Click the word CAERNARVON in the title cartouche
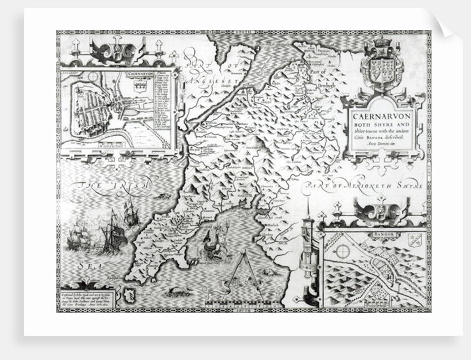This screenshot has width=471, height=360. (380, 117)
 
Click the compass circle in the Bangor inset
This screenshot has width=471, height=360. (343, 251)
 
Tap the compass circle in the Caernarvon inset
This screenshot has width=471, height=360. (92, 77)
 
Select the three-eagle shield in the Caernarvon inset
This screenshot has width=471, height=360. (140, 86)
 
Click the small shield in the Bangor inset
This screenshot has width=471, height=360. (414, 240)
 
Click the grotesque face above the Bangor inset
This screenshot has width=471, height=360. (380, 210)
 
